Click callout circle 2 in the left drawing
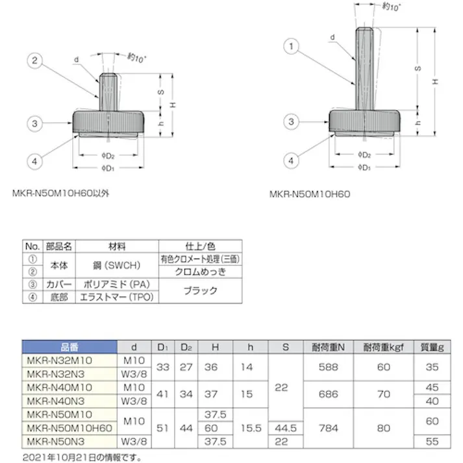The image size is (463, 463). [x=36, y=62]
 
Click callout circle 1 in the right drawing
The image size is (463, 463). [x=292, y=47]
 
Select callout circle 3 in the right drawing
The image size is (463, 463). [x=292, y=121]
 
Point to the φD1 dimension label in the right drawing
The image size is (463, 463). [x=364, y=168]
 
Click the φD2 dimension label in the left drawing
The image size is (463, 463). [x=109, y=156]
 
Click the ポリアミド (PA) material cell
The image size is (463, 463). [x=117, y=284]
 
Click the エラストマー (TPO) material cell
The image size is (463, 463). [x=117, y=297]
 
